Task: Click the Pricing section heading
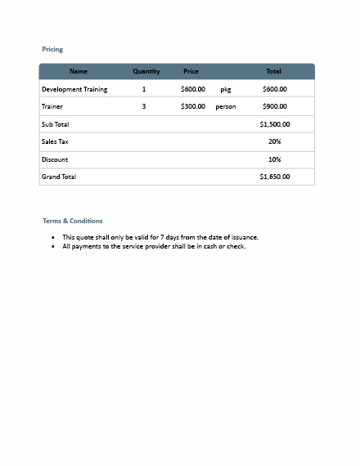[x=52, y=50]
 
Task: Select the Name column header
[x=79, y=72]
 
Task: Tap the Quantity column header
[x=146, y=72]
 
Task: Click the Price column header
[x=191, y=72]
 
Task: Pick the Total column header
[x=273, y=72]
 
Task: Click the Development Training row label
[x=74, y=89]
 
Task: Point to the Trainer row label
[x=52, y=106]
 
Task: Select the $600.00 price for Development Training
[x=193, y=89]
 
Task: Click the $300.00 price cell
[x=193, y=106]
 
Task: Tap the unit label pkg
[x=226, y=89]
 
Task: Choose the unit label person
[x=226, y=106]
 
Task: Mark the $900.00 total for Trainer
[x=274, y=106]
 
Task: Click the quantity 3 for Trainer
[x=144, y=106]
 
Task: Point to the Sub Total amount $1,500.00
[x=274, y=124]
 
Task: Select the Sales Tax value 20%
[x=274, y=141]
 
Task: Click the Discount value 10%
[x=274, y=159]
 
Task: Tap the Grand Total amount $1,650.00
[x=274, y=177]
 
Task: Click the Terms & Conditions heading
[x=73, y=221]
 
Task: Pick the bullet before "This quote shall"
[x=53, y=237]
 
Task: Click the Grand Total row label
[x=59, y=177]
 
